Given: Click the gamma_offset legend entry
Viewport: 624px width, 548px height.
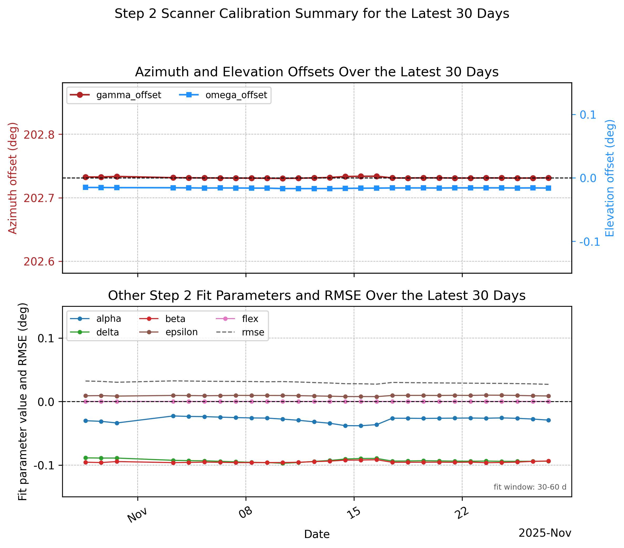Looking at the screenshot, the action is [115, 95].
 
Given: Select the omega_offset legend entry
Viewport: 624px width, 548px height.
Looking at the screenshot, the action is [223, 95].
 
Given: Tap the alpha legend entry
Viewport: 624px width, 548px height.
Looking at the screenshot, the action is [96, 319].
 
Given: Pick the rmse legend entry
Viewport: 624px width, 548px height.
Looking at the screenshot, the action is [240, 332].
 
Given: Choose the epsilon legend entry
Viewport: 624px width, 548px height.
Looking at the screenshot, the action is [168, 332].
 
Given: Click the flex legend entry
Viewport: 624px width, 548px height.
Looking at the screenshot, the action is [237, 319].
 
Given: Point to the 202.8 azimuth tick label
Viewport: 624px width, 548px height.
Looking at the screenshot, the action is [39, 134].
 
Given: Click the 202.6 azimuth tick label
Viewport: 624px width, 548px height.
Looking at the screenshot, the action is [39, 262].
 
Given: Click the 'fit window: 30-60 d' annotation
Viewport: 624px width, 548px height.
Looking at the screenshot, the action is [530, 487].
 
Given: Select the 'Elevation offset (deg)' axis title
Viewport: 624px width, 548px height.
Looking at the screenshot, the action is [610, 178].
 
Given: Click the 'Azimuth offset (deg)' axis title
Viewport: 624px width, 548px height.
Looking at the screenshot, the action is [13, 178].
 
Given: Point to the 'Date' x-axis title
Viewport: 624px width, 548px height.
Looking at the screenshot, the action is [317, 534].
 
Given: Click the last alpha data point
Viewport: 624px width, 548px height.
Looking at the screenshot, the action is [548, 420].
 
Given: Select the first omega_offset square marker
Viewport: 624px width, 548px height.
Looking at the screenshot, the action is [86, 187].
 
